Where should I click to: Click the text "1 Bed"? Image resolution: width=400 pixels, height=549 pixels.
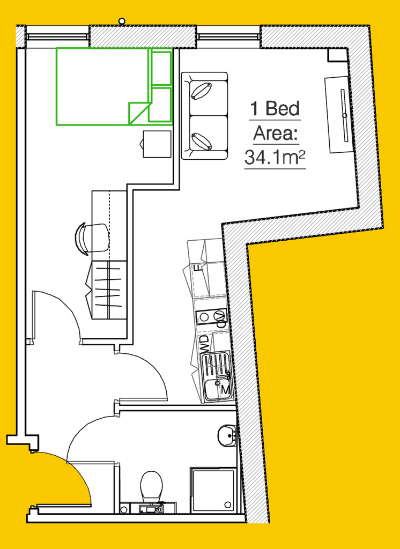(x=275, y=108)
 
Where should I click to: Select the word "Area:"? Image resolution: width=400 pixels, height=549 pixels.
(x=276, y=133)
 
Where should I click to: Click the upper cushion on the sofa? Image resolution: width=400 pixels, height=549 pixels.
(x=202, y=91)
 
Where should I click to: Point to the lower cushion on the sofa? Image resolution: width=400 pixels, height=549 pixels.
(x=202, y=142)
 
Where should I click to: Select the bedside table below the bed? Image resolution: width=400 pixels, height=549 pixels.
(x=157, y=144)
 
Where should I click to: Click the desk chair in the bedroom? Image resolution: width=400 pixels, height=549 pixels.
(x=92, y=238)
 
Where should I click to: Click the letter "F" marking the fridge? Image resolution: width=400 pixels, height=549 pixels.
(x=198, y=269)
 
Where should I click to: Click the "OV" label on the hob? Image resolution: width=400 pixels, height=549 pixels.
(x=221, y=318)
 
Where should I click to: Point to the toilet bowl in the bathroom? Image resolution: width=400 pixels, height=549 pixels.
(x=151, y=485)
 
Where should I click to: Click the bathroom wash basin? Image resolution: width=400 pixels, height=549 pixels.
(x=227, y=435)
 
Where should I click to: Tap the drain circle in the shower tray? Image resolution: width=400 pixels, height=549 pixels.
(x=228, y=505)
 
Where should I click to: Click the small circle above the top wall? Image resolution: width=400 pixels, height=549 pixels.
(x=122, y=21)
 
